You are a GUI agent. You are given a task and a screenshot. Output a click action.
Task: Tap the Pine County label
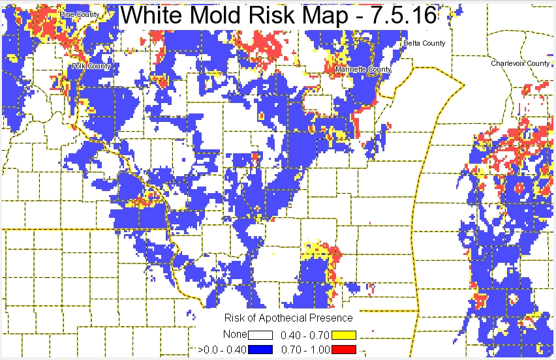74,14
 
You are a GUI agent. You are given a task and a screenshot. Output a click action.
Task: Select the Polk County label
91,66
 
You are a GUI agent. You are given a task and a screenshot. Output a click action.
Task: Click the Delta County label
424,43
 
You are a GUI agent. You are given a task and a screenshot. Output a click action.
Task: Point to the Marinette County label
363,69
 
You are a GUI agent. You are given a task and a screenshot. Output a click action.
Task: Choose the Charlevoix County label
521,63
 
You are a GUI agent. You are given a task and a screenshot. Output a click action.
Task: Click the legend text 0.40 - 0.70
305,335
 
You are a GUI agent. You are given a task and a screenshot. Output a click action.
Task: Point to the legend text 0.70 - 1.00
305,350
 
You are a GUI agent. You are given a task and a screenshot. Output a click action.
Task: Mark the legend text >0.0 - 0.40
222,350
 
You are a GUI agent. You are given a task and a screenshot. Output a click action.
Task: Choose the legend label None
235,335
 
